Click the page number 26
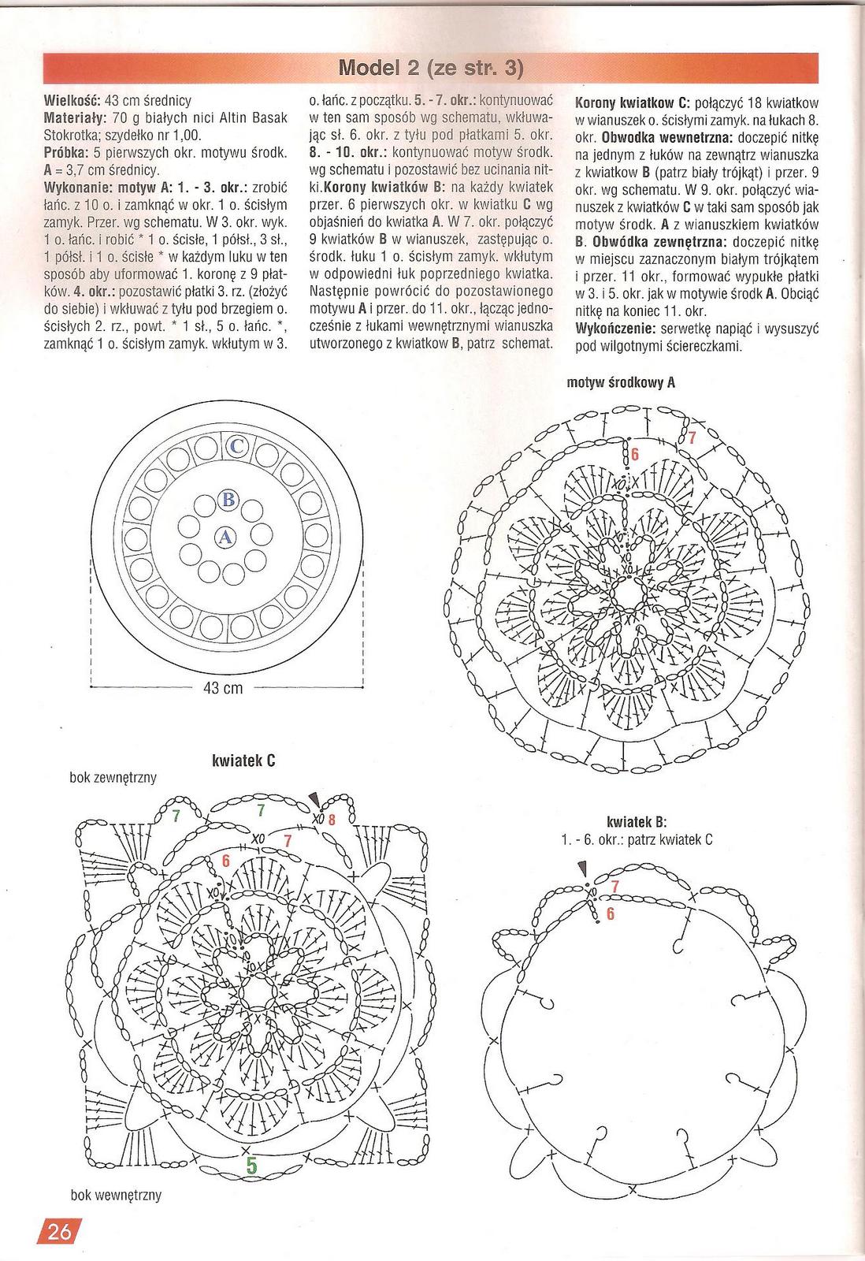[x=58, y=1230]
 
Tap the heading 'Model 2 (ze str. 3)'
[x=430, y=69]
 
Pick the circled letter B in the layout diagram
[x=228, y=499]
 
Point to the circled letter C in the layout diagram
[x=237, y=447]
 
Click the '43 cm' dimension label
[x=223, y=688]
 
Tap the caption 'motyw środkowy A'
[x=621, y=384]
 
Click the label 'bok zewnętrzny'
[x=113, y=778]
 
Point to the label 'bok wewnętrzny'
[x=116, y=1195]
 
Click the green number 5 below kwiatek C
[x=251, y=1164]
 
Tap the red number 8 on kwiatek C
[x=332, y=820]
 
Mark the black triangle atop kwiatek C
[x=315, y=798]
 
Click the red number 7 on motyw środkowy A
[x=692, y=438]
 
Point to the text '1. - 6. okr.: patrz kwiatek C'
[x=637, y=839]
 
